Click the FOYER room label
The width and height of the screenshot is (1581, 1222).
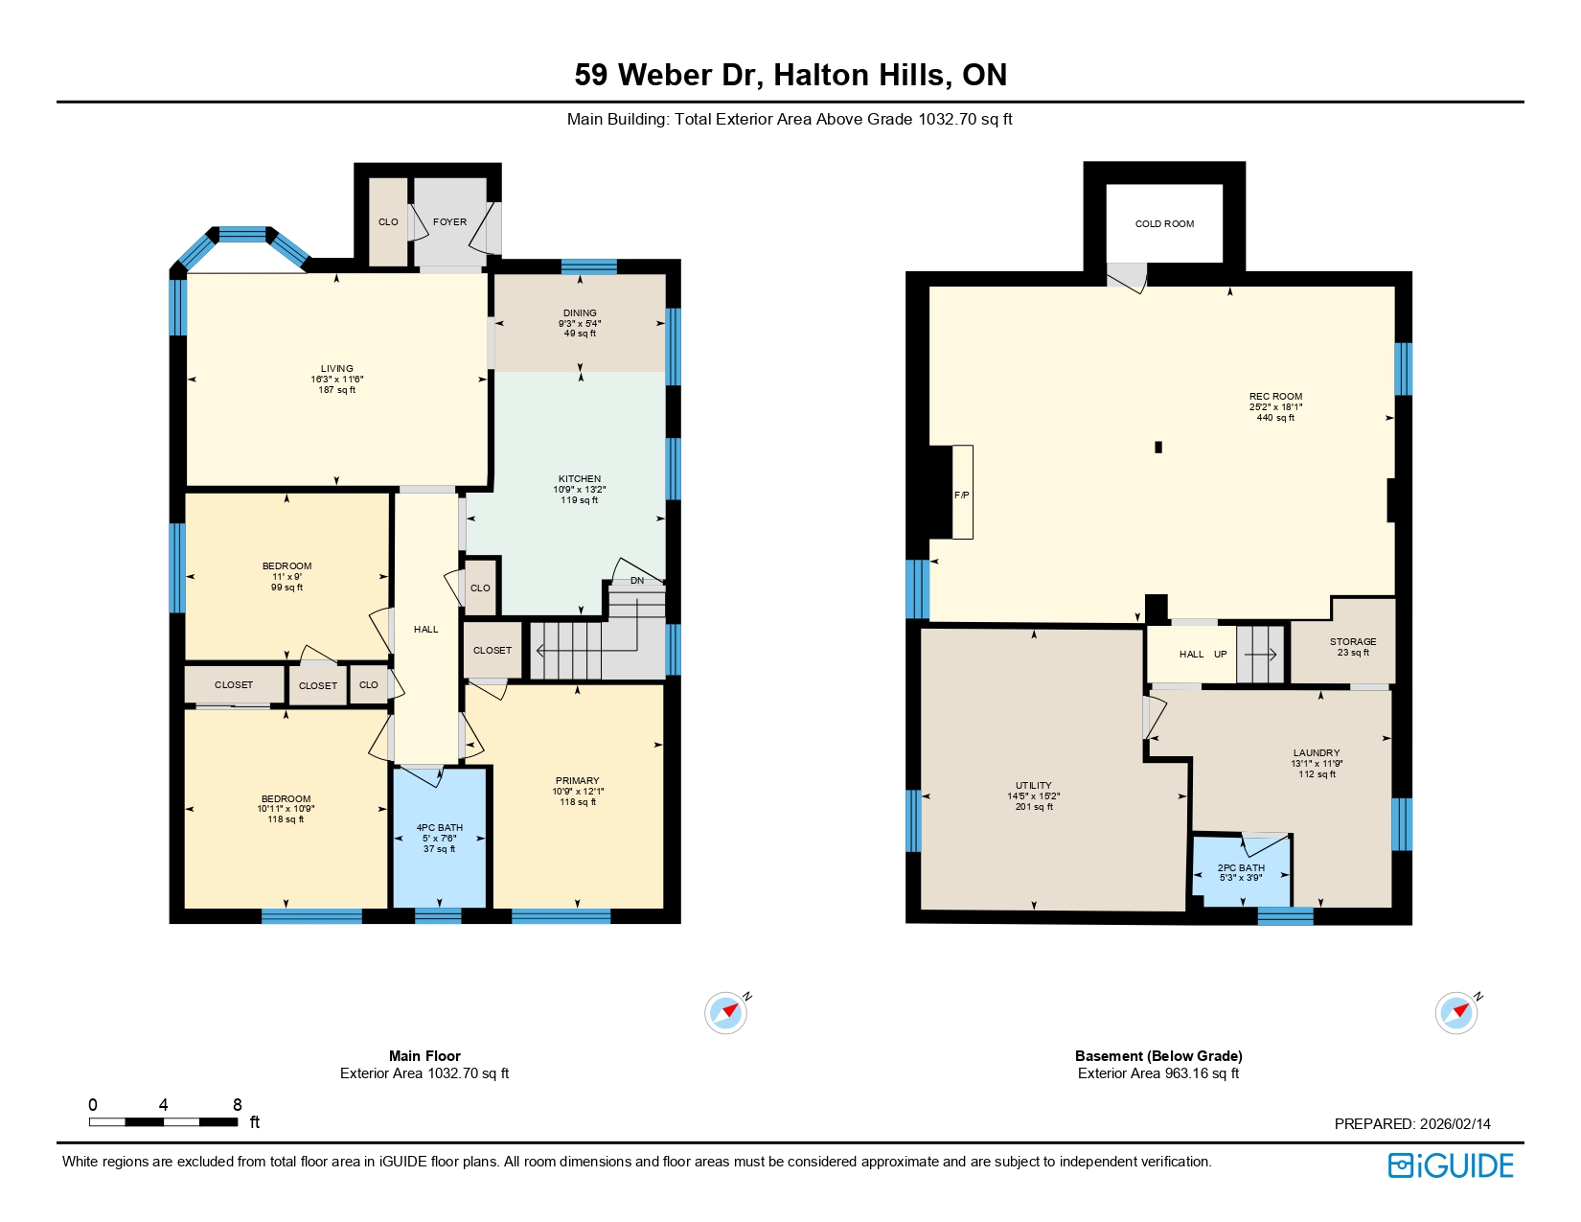pos(449,221)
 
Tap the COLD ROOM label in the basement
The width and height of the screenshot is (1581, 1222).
pos(1164,224)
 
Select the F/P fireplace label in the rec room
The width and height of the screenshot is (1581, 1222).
pos(962,495)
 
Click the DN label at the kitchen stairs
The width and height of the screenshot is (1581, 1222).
pos(637,581)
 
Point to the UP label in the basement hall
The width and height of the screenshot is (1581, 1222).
pos(1221,655)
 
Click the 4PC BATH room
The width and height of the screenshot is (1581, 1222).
pos(440,838)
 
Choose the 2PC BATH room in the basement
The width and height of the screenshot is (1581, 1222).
pos(1241,872)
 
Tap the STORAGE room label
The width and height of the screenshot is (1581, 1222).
pos(1353,642)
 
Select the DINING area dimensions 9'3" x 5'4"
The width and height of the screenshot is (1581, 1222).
pos(580,324)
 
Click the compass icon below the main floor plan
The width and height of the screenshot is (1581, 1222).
pos(725,1012)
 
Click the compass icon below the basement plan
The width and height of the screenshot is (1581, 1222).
pos(1456,1012)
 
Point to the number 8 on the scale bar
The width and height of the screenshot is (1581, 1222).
pos(238,1104)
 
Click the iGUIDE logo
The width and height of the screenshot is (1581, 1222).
pos(1451,1165)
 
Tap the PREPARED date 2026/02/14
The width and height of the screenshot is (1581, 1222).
pos(1455,1124)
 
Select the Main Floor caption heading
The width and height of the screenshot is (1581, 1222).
pos(424,1055)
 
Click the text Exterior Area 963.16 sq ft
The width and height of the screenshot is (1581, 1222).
pos(1158,1073)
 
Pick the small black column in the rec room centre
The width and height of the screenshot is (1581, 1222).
pos(1158,447)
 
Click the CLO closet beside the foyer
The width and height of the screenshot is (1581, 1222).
pos(388,222)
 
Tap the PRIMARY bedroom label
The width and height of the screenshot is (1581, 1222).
pos(577,780)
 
